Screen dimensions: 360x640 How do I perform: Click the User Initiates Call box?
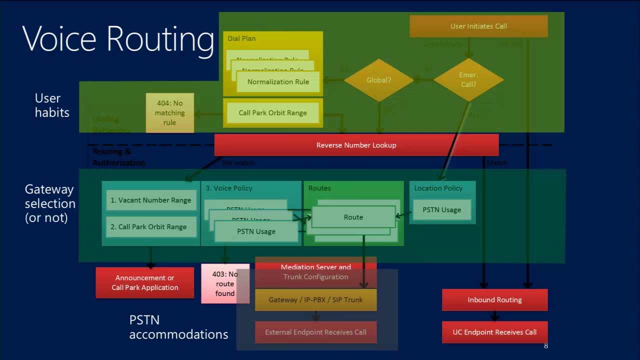(x=478, y=26)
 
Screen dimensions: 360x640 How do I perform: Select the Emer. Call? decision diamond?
(x=468, y=80)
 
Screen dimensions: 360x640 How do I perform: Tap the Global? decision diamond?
(x=378, y=80)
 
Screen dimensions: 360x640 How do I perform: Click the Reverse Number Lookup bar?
(x=356, y=145)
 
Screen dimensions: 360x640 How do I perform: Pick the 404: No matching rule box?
(x=169, y=113)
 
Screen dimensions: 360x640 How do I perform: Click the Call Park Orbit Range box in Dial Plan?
(x=272, y=113)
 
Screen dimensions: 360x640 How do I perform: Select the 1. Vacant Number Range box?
(x=150, y=200)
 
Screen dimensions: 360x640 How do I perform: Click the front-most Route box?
(x=353, y=217)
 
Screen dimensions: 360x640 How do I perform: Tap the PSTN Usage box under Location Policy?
(x=441, y=210)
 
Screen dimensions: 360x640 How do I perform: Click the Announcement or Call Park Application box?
(x=144, y=282)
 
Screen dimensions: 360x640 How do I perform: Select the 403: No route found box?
(x=225, y=283)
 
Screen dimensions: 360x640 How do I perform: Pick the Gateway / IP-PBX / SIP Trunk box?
(x=315, y=300)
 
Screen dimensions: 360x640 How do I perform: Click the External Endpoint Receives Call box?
(x=315, y=332)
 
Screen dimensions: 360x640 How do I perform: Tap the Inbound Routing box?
(x=494, y=300)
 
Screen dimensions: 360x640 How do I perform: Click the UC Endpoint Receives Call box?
(x=494, y=332)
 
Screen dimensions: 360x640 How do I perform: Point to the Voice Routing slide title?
(x=118, y=38)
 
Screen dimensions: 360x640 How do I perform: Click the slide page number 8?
(x=545, y=346)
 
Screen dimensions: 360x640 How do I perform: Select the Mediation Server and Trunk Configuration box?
(x=315, y=272)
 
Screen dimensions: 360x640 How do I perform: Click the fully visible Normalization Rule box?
(x=278, y=82)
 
